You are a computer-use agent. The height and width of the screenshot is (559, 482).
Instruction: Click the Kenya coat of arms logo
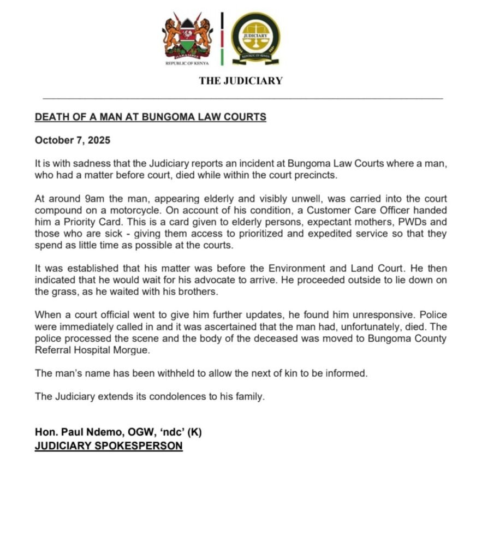click(x=187, y=39)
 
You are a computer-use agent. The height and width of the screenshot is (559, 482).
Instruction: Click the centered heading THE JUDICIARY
click(x=241, y=81)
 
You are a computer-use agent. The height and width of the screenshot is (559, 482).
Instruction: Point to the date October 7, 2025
click(x=73, y=140)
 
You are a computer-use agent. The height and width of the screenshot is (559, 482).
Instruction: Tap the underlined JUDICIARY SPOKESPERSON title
click(x=109, y=445)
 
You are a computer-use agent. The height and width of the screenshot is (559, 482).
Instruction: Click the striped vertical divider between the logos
click(x=222, y=38)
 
